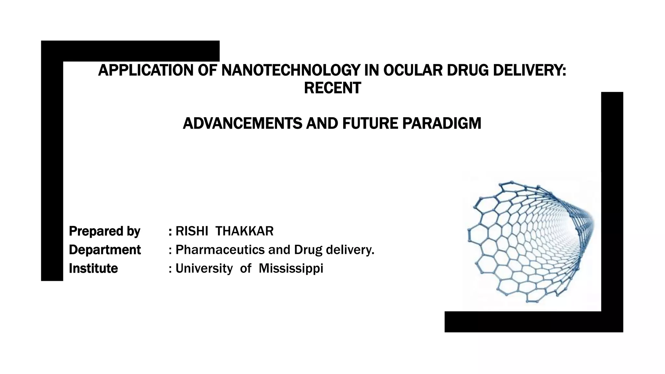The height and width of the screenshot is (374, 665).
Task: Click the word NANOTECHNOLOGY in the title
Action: pos(291,70)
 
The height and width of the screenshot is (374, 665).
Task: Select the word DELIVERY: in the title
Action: pos(529,70)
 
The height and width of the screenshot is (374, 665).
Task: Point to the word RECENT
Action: pos(332,88)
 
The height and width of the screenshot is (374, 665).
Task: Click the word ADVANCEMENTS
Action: pos(242,123)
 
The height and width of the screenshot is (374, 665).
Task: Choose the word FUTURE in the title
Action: pos(370,123)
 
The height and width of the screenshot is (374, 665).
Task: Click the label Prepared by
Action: pos(105,231)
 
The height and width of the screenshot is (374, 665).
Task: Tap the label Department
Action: pos(105,250)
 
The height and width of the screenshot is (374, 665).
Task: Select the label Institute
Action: pos(93,268)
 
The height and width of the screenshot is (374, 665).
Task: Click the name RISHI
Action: pos(192,231)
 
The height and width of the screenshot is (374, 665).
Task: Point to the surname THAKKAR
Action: pos(244,231)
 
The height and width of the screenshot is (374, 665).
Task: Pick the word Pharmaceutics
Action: pos(220,250)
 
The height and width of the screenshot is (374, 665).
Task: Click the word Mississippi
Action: pos(291,268)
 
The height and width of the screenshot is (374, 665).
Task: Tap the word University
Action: pos(204,268)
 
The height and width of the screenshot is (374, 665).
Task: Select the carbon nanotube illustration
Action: pos(531,242)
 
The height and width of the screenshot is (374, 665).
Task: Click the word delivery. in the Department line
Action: pos(350,250)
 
